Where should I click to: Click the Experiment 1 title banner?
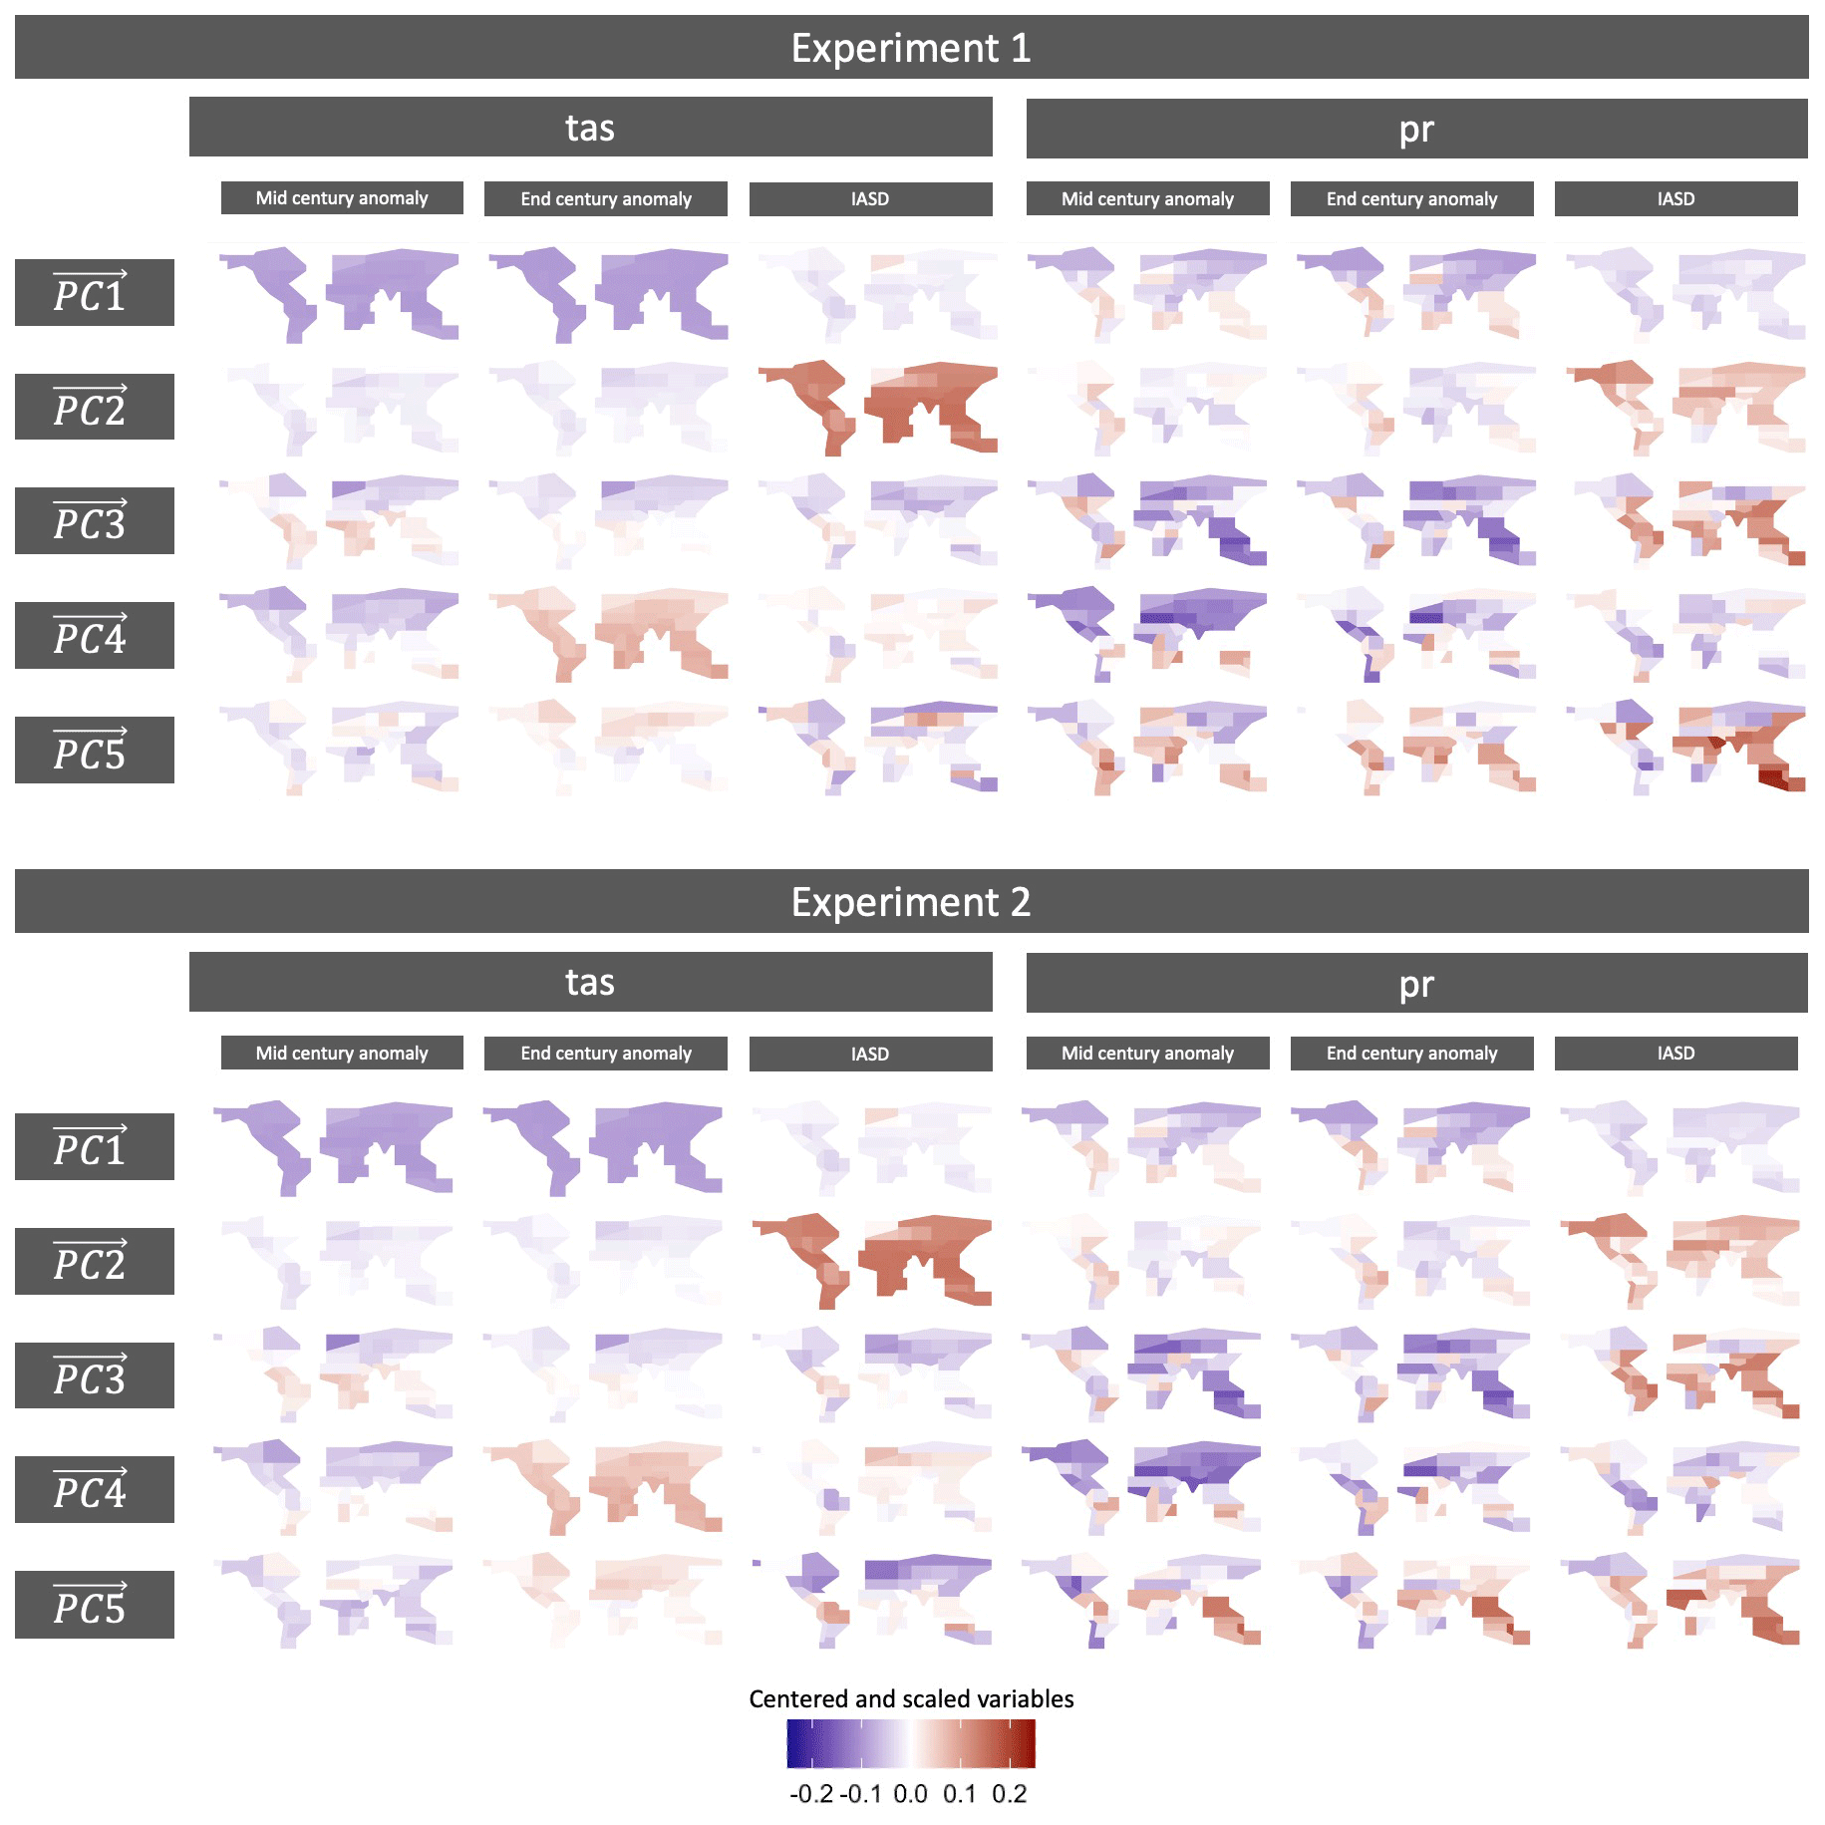click(x=911, y=48)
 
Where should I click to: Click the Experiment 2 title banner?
click(x=911, y=902)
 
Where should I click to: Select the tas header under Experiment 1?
click(x=590, y=128)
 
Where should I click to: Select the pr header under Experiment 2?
click(x=1416, y=984)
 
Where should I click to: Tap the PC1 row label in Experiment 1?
click(x=94, y=293)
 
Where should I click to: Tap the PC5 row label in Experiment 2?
click(x=94, y=1605)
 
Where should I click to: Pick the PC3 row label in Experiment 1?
click(x=94, y=521)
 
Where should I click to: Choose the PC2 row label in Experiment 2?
click(x=94, y=1262)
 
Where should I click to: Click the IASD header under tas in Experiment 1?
click(x=870, y=199)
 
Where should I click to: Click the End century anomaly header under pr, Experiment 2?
click(x=1411, y=1054)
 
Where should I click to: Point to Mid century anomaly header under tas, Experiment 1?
click(x=342, y=198)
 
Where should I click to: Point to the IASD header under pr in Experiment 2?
click(x=1675, y=1054)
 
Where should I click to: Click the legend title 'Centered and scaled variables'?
click(x=911, y=1699)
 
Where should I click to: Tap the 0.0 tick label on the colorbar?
click(x=910, y=1794)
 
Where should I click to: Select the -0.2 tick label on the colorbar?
click(x=811, y=1794)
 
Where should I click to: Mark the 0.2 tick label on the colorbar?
click(x=1009, y=1794)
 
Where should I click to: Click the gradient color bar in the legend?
click(x=911, y=1744)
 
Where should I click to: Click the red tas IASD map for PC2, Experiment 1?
click(x=877, y=407)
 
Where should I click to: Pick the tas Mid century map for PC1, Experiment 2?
click(x=334, y=1146)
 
